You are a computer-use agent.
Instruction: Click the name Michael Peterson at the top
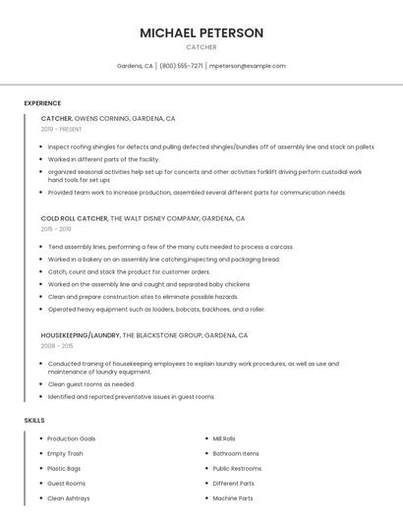[201, 32]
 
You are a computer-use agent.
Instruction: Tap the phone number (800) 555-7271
[181, 66]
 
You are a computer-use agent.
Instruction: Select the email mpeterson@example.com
[248, 66]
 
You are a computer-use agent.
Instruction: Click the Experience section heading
[42, 103]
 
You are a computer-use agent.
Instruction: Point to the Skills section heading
[34, 420]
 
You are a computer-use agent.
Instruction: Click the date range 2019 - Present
[61, 129]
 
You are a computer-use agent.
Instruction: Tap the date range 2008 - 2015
[57, 346]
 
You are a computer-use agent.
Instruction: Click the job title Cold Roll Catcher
[74, 217]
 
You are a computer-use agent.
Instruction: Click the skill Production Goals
[72, 438]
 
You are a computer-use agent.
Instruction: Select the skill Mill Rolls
[224, 438]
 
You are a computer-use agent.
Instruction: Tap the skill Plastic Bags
[65, 469]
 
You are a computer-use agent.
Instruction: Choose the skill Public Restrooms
[237, 469]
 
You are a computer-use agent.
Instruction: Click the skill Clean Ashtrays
[69, 498]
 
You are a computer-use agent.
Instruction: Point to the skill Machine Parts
[233, 498]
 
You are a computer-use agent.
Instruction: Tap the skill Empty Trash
[65, 453]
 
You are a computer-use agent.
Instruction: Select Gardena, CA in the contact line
[135, 66]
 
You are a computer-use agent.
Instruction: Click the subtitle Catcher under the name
[201, 47]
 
